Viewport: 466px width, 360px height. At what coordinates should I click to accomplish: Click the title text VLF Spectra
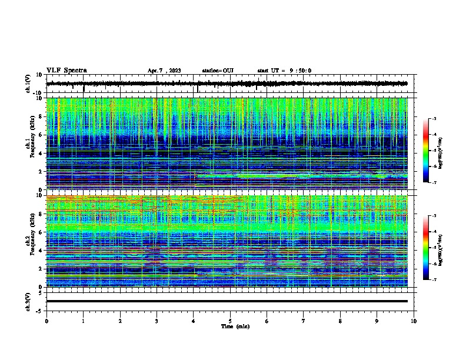coord(66,71)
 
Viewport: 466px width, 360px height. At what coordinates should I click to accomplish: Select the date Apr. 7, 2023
coord(164,71)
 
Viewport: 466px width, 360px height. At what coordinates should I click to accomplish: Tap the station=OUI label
coord(218,71)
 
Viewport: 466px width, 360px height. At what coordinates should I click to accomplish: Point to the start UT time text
coord(284,71)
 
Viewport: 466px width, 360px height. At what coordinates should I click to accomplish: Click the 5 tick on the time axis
coord(230,321)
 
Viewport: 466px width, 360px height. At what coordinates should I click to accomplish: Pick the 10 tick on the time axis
coord(414,321)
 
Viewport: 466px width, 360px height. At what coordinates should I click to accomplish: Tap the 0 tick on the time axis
coord(46,321)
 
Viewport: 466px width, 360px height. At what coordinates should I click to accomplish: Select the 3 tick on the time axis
coord(157,321)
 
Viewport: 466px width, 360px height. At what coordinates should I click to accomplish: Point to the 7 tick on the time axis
coord(304,321)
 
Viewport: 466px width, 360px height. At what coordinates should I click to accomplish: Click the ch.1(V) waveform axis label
coord(28,84)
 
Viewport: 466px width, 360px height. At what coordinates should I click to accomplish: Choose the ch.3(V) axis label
coord(28,301)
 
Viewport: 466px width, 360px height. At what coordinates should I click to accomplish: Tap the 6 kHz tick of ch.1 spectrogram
coord(41,135)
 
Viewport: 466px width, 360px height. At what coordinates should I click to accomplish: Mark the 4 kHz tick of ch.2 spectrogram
coord(41,251)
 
